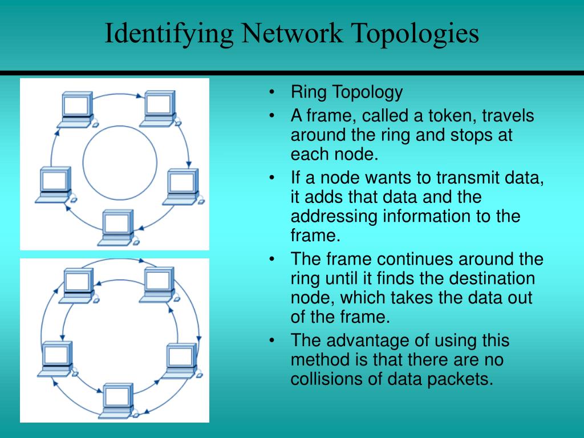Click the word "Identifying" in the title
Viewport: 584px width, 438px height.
tap(168, 34)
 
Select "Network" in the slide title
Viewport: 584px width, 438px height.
tap(291, 34)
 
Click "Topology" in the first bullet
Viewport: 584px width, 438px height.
tap(368, 92)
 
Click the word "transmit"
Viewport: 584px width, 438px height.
tap(453, 177)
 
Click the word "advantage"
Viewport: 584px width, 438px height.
tap(371, 340)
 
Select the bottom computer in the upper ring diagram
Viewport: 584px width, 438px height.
tap(118, 228)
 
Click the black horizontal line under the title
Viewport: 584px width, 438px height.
tap(292, 73)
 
